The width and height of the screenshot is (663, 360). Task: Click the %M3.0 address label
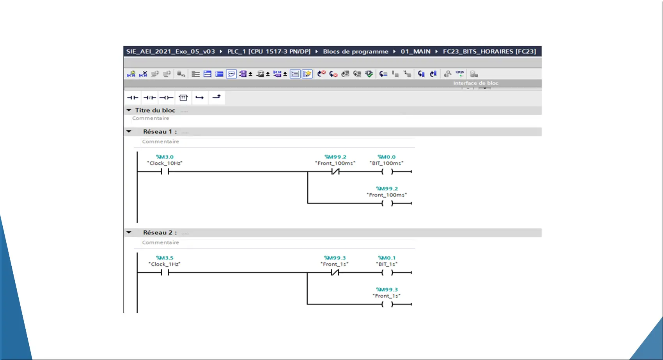click(x=165, y=157)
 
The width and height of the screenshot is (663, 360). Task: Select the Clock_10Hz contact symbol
click(x=165, y=171)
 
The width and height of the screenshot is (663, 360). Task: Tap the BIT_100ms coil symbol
click(x=387, y=171)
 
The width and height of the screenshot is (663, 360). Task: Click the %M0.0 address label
click(x=386, y=157)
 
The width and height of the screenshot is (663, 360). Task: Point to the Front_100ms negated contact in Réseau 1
click(x=335, y=171)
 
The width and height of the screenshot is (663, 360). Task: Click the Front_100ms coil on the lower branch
click(x=387, y=203)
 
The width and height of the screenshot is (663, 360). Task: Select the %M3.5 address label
click(x=165, y=258)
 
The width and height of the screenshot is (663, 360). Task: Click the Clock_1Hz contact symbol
click(x=165, y=272)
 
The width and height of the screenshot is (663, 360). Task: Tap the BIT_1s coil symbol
click(x=387, y=272)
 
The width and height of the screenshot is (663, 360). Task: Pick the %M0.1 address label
click(x=386, y=258)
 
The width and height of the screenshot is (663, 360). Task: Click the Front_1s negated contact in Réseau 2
click(x=335, y=272)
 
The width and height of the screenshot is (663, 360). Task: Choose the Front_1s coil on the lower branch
click(x=387, y=304)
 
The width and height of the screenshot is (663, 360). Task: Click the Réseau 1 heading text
click(x=160, y=131)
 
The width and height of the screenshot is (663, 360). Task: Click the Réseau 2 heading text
click(x=160, y=232)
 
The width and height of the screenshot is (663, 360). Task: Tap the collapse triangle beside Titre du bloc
click(x=129, y=110)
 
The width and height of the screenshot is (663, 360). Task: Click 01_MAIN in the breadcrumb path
click(x=416, y=51)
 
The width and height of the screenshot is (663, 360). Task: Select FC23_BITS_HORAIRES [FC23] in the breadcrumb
click(x=489, y=51)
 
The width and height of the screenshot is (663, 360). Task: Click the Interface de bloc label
click(x=476, y=83)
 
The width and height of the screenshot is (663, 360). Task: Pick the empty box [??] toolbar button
click(x=183, y=98)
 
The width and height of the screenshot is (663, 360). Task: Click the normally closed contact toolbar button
click(x=149, y=98)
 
